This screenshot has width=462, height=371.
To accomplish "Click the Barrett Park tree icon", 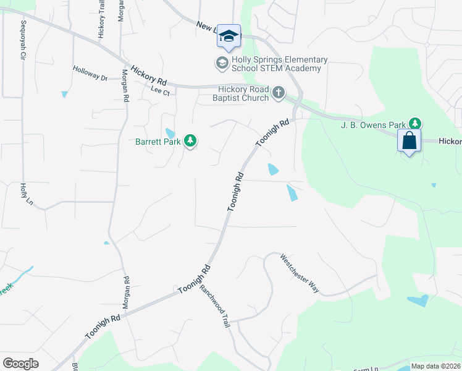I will pyautogui.click(x=191, y=142).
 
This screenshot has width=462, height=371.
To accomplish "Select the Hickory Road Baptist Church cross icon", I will pyautogui.click(x=279, y=93).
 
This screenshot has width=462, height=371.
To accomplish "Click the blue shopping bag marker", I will pyautogui.click(x=409, y=141).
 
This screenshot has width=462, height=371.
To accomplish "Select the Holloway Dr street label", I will pyautogui.click(x=90, y=74).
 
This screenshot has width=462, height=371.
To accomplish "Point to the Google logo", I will pyautogui.click(x=20, y=363).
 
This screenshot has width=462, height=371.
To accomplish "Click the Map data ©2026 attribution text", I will pyautogui.click(x=435, y=366).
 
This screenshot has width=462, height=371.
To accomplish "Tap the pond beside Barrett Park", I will pyautogui.click(x=170, y=133).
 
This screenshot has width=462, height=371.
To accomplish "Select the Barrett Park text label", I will pyautogui.click(x=158, y=142).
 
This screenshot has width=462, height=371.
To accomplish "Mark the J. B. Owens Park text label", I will pyautogui.click(x=376, y=124).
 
